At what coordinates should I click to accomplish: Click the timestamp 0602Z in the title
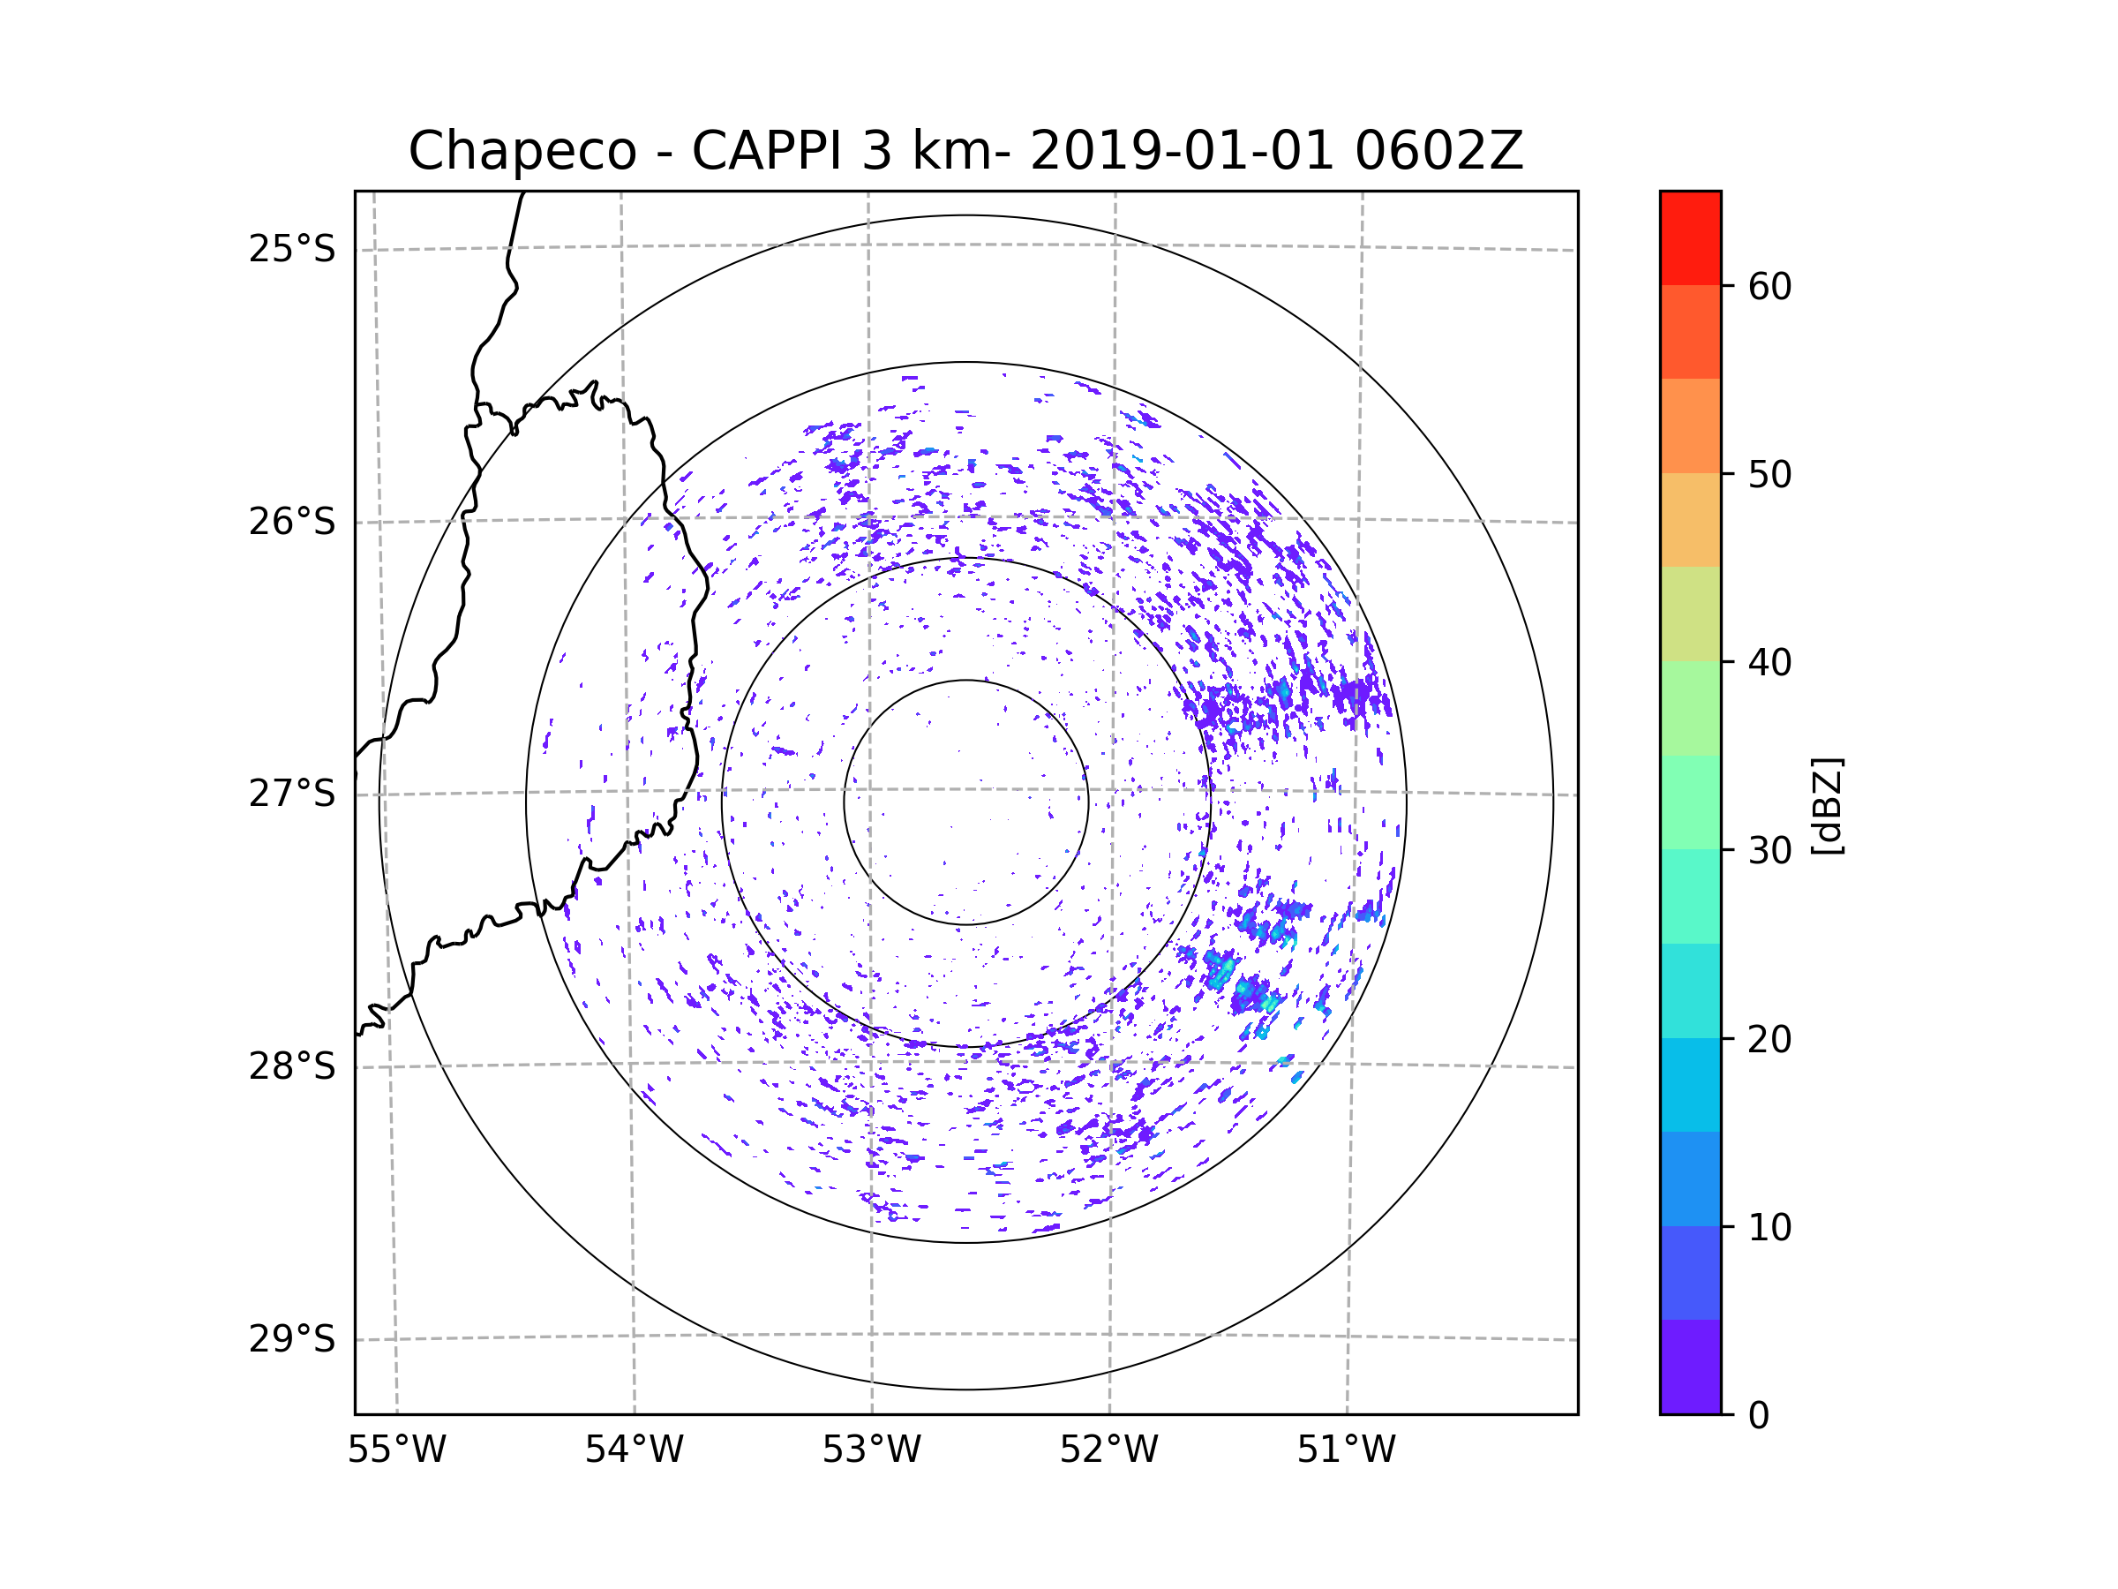click(x=1438, y=150)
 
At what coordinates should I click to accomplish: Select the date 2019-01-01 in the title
click(x=1182, y=150)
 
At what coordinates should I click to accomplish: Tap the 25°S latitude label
click(x=292, y=249)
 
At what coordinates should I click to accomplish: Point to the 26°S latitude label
click(x=292, y=522)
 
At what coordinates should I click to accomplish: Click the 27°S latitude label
click(x=292, y=794)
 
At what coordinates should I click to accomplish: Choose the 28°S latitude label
click(x=292, y=1066)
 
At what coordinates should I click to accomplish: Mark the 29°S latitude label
click(x=292, y=1339)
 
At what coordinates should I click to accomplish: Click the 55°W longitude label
click(x=396, y=1450)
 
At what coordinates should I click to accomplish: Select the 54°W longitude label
click(x=634, y=1450)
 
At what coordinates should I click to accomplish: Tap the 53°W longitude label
click(x=871, y=1450)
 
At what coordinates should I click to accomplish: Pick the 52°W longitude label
click(x=1108, y=1450)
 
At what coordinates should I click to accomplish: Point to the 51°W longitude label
click(x=1346, y=1450)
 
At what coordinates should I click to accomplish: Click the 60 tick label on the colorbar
click(x=1769, y=286)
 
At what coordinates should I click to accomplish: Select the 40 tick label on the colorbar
click(x=1769, y=663)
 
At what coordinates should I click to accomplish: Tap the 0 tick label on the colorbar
click(x=1759, y=1416)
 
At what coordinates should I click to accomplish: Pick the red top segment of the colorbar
click(x=1690, y=238)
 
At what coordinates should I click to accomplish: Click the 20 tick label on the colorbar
click(x=1769, y=1039)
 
